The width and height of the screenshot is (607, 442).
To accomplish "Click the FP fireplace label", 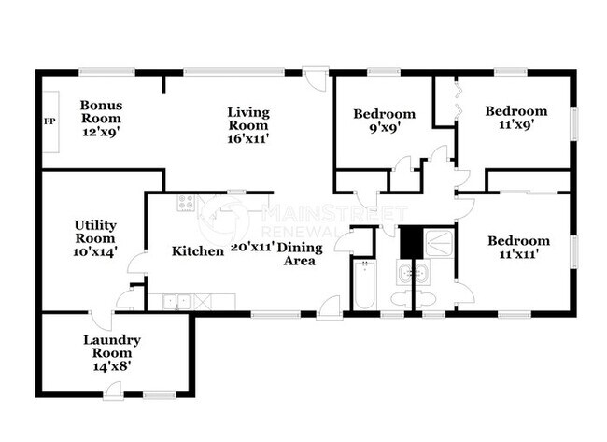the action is [x=49, y=121].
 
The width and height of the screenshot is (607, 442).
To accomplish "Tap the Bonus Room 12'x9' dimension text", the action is [x=101, y=132].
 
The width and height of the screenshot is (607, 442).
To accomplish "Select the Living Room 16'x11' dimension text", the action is [x=248, y=138].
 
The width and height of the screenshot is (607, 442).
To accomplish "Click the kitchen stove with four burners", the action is [x=186, y=203].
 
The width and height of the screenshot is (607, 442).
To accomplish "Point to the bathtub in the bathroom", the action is [x=364, y=285].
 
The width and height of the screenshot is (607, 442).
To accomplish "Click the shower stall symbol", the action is [x=439, y=243].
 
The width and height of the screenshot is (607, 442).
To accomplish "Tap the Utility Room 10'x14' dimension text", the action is [x=95, y=251].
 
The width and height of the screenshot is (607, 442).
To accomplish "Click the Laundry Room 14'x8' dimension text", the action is [x=111, y=366].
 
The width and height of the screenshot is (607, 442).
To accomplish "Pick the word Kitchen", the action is [x=198, y=251].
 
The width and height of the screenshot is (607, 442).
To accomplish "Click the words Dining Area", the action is [x=300, y=254].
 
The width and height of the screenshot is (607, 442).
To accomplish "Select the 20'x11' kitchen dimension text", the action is [x=253, y=247].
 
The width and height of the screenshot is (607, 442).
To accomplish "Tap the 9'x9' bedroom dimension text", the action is [x=384, y=127].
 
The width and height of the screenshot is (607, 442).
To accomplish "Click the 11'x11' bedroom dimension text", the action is [x=518, y=254].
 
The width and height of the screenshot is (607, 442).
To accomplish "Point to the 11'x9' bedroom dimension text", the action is [x=516, y=124].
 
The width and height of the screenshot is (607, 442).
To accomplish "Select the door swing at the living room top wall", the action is [x=315, y=79].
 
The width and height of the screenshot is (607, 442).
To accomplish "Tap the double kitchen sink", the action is [x=176, y=302].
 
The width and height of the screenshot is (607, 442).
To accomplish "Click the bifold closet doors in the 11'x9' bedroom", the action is [x=459, y=100].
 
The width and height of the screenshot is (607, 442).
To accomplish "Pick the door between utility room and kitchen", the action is [x=137, y=264].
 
